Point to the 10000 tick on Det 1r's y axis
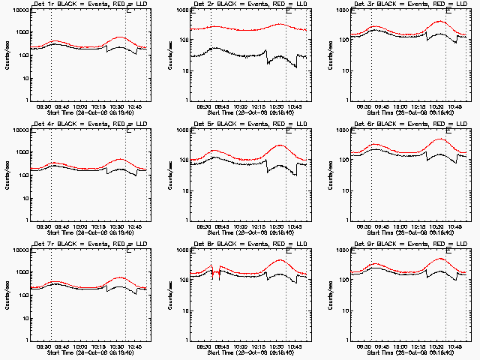[x=20, y=10]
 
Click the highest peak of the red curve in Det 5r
[x=279, y=145]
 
